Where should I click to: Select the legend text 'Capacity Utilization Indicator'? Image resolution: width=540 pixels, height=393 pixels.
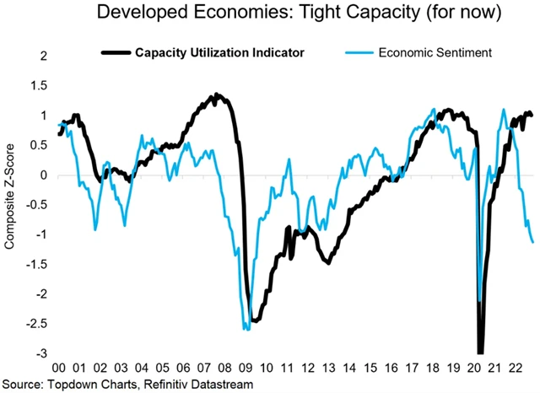pos(220,52)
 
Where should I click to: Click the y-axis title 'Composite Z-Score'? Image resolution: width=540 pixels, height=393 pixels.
pos(11,207)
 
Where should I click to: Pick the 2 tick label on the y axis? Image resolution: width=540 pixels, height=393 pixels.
pos(41,57)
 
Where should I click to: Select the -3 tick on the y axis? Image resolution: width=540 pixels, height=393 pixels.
pos(40,353)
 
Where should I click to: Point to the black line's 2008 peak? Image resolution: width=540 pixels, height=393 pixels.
pos(217,94)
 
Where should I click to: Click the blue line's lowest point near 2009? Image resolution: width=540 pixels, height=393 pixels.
pos(246,329)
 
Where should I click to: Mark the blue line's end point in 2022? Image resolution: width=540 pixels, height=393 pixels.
pos(533,242)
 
